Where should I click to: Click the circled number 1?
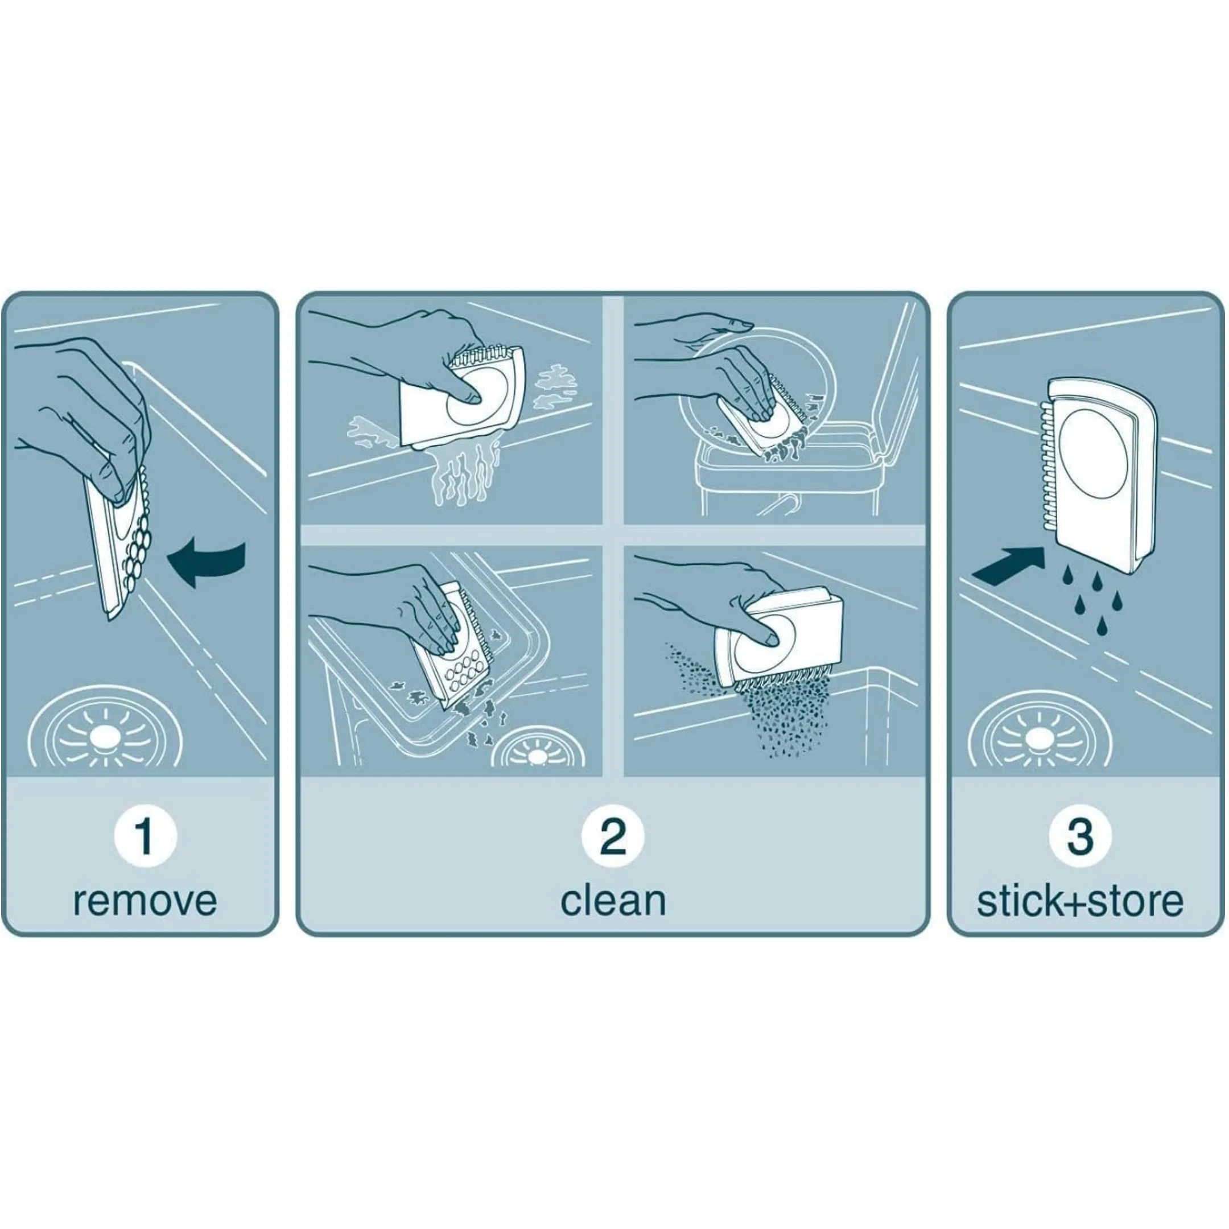(145, 836)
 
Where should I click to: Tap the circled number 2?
(613, 836)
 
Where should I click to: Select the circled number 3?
(1079, 836)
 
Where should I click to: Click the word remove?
(145, 901)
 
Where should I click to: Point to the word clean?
(613, 901)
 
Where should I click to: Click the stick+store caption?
(1080, 901)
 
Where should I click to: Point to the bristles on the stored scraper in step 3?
(1045, 475)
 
